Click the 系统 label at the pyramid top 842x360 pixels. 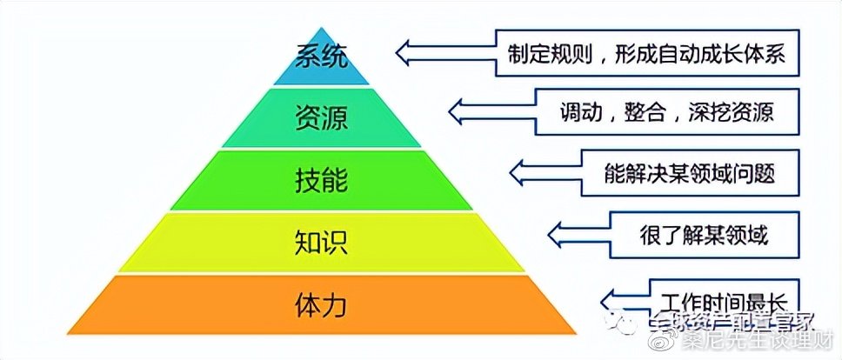322,59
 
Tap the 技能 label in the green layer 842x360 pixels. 322,180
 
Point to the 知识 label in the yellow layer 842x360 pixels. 322,241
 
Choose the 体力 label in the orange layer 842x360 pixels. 322,305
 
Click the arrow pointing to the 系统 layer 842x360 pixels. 444,50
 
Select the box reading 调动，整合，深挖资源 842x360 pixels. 667,112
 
